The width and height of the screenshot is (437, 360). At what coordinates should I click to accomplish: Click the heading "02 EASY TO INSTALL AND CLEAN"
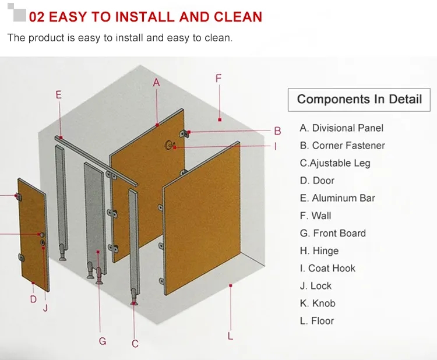(x=145, y=16)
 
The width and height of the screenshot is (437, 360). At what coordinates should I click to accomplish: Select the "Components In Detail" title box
(x=359, y=99)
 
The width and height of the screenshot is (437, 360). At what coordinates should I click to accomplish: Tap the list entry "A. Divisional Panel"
(x=341, y=128)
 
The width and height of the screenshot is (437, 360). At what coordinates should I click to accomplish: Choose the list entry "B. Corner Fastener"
(x=342, y=146)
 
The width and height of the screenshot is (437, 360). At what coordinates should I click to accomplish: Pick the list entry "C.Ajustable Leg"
(x=334, y=163)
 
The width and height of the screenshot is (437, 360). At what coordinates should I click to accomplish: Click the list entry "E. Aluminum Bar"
(x=337, y=198)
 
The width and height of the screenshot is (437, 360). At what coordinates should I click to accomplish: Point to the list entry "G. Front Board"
(x=333, y=233)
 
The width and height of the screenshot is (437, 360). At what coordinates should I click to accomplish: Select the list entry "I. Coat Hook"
(x=327, y=268)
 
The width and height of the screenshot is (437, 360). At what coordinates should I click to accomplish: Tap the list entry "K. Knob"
(x=318, y=303)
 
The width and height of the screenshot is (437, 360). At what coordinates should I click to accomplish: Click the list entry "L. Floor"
(x=317, y=320)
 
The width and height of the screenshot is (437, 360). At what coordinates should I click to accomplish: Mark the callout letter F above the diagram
(x=218, y=78)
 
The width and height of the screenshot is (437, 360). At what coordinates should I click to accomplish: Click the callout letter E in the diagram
(x=58, y=94)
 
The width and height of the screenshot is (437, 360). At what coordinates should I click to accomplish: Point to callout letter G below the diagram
(x=103, y=341)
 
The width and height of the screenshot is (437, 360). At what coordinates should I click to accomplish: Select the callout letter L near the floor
(x=230, y=336)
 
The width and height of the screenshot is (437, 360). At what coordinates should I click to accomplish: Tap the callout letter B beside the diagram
(x=278, y=131)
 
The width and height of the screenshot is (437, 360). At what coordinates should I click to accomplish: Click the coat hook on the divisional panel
(x=170, y=146)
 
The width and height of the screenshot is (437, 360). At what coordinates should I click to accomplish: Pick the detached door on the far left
(x=33, y=236)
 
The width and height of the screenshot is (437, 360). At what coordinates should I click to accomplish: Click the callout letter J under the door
(x=45, y=307)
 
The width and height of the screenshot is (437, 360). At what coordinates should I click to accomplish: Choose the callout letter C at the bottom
(x=135, y=344)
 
